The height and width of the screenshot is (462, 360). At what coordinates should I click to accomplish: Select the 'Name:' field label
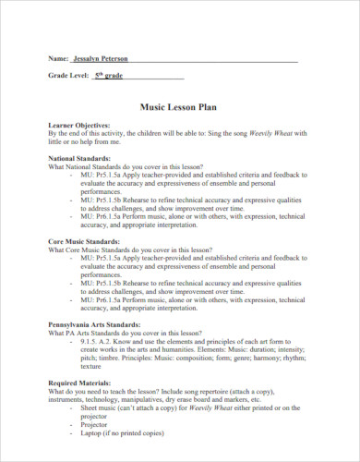tap(60, 57)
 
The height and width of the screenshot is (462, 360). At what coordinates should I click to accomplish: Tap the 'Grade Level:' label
tap(68, 75)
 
